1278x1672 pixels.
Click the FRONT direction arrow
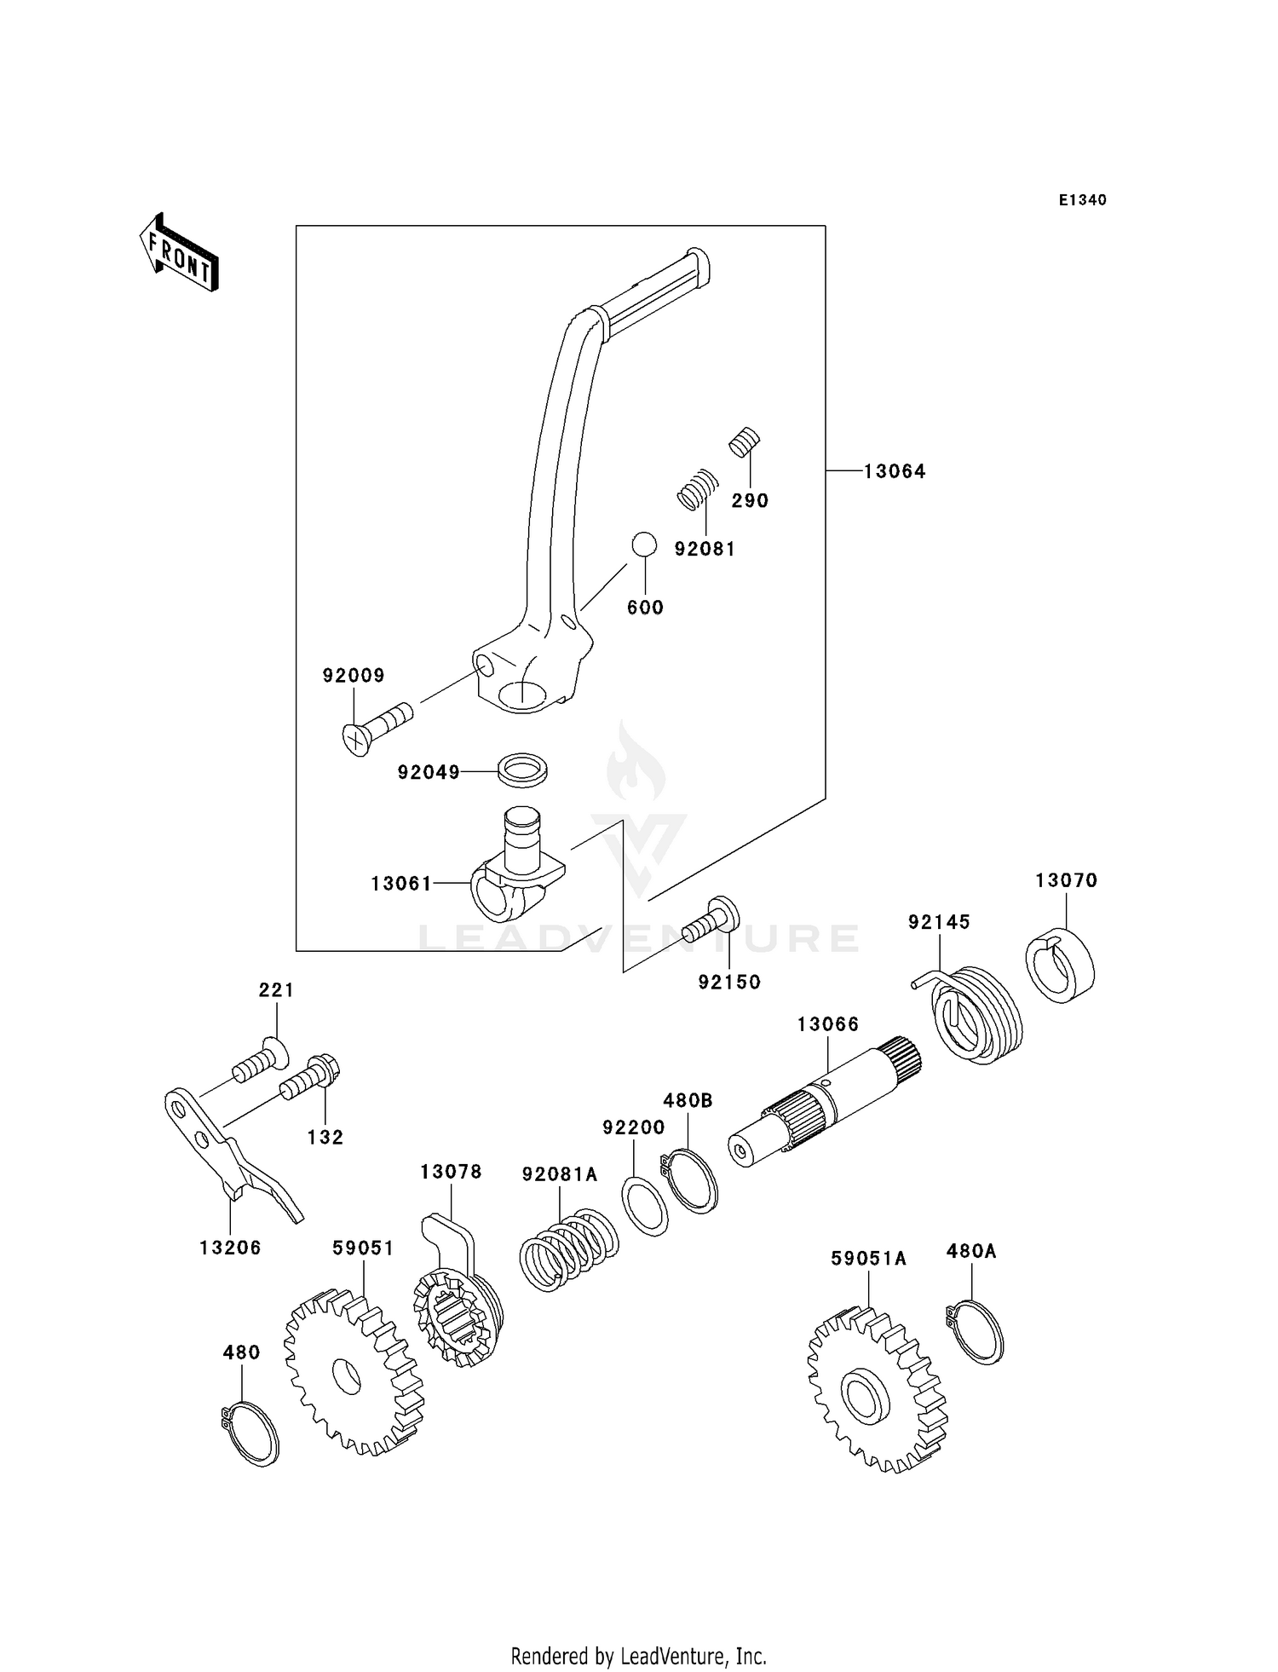pos(180,254)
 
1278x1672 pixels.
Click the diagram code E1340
pos(1082,200)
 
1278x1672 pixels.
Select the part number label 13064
pos(894,471)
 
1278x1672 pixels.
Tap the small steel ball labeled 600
pos(644,545)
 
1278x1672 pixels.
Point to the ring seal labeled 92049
pos(521,769)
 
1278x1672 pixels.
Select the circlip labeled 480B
pos(691,1180)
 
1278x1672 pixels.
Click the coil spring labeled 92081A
pos(568,1248)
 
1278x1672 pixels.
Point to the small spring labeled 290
pos(745,442)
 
